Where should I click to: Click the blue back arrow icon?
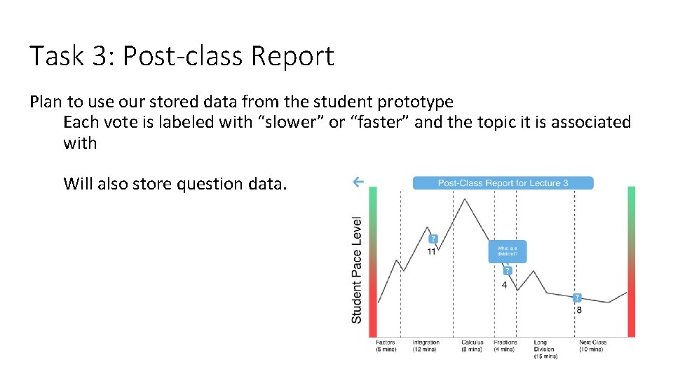tap(358, 182)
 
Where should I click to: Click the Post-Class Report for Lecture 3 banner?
tap(503, 183)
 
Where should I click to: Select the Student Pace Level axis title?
tap(357, 270)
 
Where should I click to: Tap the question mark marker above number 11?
tap(433, 239)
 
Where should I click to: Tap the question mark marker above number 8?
tap(578, 298)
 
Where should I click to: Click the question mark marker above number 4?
tap(507, 271)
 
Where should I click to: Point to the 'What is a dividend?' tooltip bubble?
tap(507, 251)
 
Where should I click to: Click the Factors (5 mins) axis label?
tap(386, 346)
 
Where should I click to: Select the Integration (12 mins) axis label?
tap(426, 346)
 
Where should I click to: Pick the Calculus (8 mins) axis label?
tap(472, 346)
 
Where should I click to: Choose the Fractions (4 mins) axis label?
tap(505, 346)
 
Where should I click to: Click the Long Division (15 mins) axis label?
tap(545, 349)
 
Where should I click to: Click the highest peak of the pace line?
tap(464, 199)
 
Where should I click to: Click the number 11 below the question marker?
tap(431, 252)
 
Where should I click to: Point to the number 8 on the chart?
tap(578, 310)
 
